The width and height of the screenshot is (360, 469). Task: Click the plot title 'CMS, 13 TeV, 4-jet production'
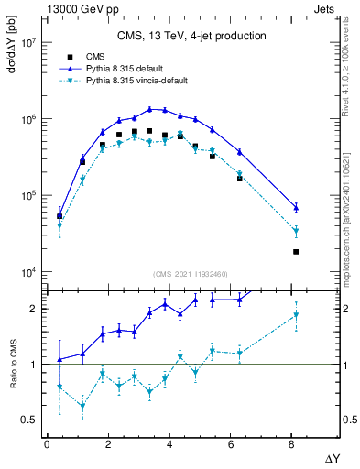pos(191,36)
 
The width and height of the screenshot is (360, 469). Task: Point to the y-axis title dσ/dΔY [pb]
pos(11,47)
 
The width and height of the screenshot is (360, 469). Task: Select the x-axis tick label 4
pos(169,444)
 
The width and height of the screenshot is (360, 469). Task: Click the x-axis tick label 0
pos(47,444)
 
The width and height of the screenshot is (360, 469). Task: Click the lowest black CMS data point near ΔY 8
pos(296,252)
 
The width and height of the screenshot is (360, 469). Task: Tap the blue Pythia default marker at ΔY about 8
pos(296,207)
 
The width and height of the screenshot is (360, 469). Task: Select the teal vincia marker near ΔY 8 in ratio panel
pos(296,315)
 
